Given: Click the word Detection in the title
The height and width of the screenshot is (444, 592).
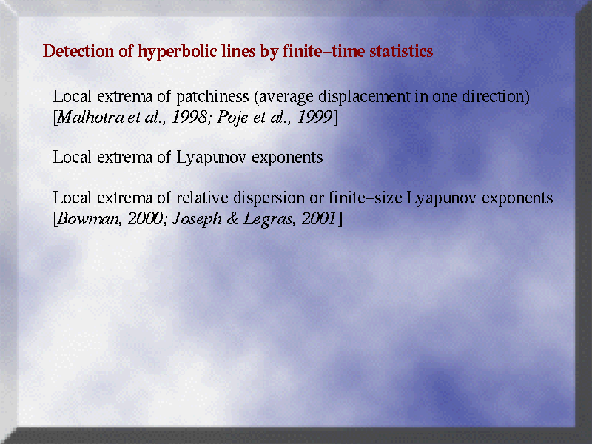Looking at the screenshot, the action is (x=78, y=51).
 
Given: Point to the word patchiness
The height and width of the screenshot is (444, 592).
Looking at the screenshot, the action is (x=212, y=97).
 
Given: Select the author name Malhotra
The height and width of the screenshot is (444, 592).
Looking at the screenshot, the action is (x=90, y=117).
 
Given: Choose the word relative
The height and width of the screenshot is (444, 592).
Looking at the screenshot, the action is (x=202, y=198).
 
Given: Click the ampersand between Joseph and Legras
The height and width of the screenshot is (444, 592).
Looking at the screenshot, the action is (x=232, y=218).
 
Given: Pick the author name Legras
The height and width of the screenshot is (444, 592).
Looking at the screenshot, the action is (x=269, y=219).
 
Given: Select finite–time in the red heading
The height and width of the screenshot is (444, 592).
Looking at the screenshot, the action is (x=324, y=51).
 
